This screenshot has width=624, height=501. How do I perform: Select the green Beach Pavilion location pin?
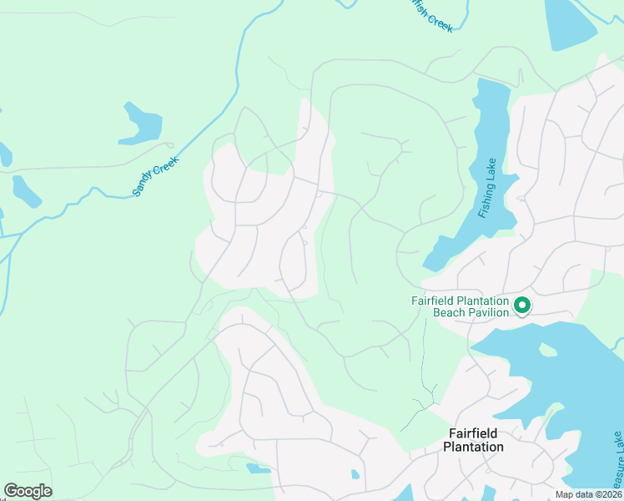522,306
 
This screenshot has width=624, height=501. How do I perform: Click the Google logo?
28,491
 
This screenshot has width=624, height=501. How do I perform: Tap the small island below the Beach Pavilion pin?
547,350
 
